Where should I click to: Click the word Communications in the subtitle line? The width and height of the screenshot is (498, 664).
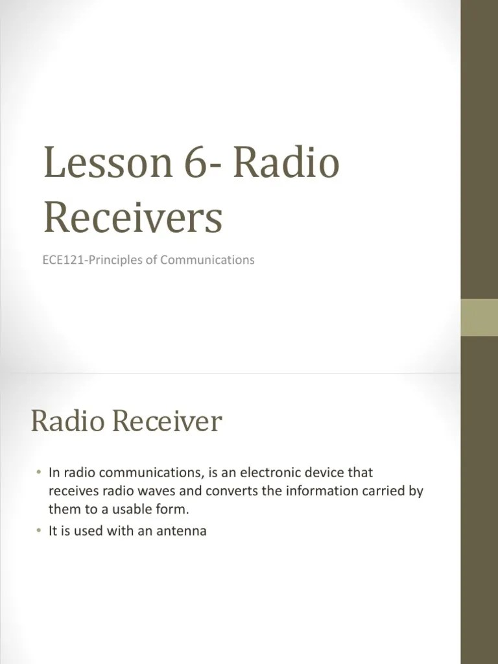[x=207, y=260]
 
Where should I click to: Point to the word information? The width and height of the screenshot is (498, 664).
[x=318, y=491]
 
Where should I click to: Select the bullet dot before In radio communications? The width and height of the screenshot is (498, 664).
[x=39, y=473]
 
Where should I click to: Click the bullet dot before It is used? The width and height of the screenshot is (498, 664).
[x=39, y=531]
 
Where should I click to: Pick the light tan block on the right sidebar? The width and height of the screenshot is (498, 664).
[x=479, y=318]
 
